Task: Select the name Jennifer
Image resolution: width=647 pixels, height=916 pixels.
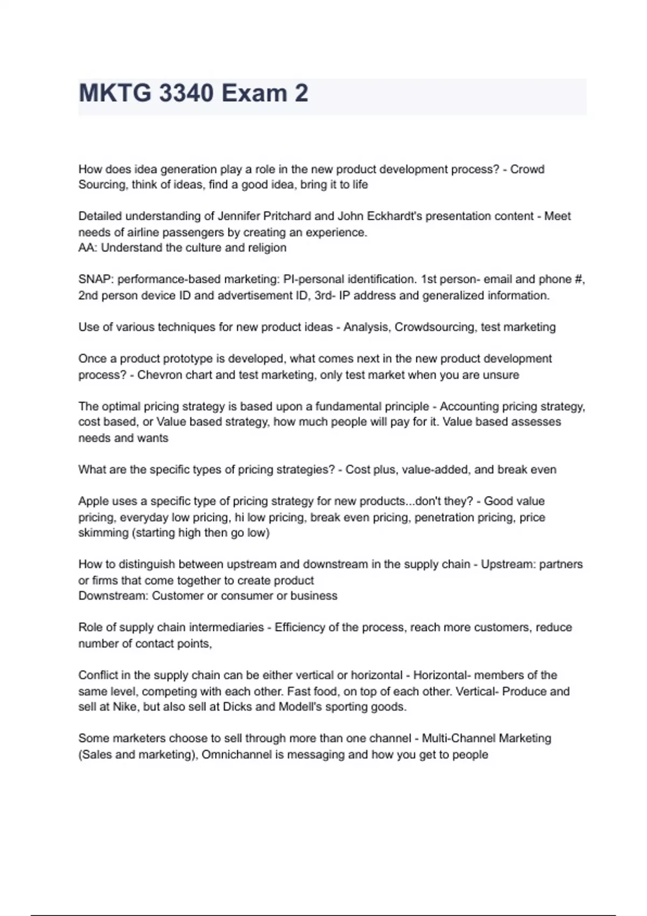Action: point(239,216)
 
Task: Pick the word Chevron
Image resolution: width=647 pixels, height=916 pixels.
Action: point(160,375)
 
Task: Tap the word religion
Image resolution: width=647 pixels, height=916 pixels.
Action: point(266,248)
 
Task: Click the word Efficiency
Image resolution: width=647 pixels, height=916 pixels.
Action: point(300,628)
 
